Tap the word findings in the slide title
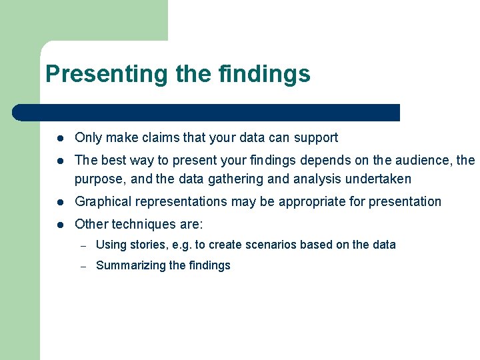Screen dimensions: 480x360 (264, 73)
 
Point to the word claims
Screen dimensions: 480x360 (159, 138)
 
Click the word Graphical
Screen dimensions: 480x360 (100, 201)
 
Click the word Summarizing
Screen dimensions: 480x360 (131, 265)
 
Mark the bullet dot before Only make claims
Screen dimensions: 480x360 (59, 139)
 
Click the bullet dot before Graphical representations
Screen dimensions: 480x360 (59, 202)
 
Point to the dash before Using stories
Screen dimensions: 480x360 (83, 245)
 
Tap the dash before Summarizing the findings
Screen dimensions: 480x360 (83, 266)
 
